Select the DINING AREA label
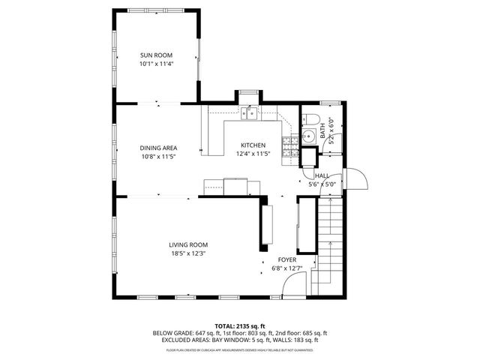coord(159,148)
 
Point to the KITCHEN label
coord(253,145)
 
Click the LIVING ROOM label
coord(187,244)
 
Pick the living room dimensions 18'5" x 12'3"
coord(187,253)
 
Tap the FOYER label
coord(288,260)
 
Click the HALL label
coord(322,175)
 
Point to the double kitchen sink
coord(250,114)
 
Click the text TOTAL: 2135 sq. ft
coord(240,325)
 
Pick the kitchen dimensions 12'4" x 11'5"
coord(253,154)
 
